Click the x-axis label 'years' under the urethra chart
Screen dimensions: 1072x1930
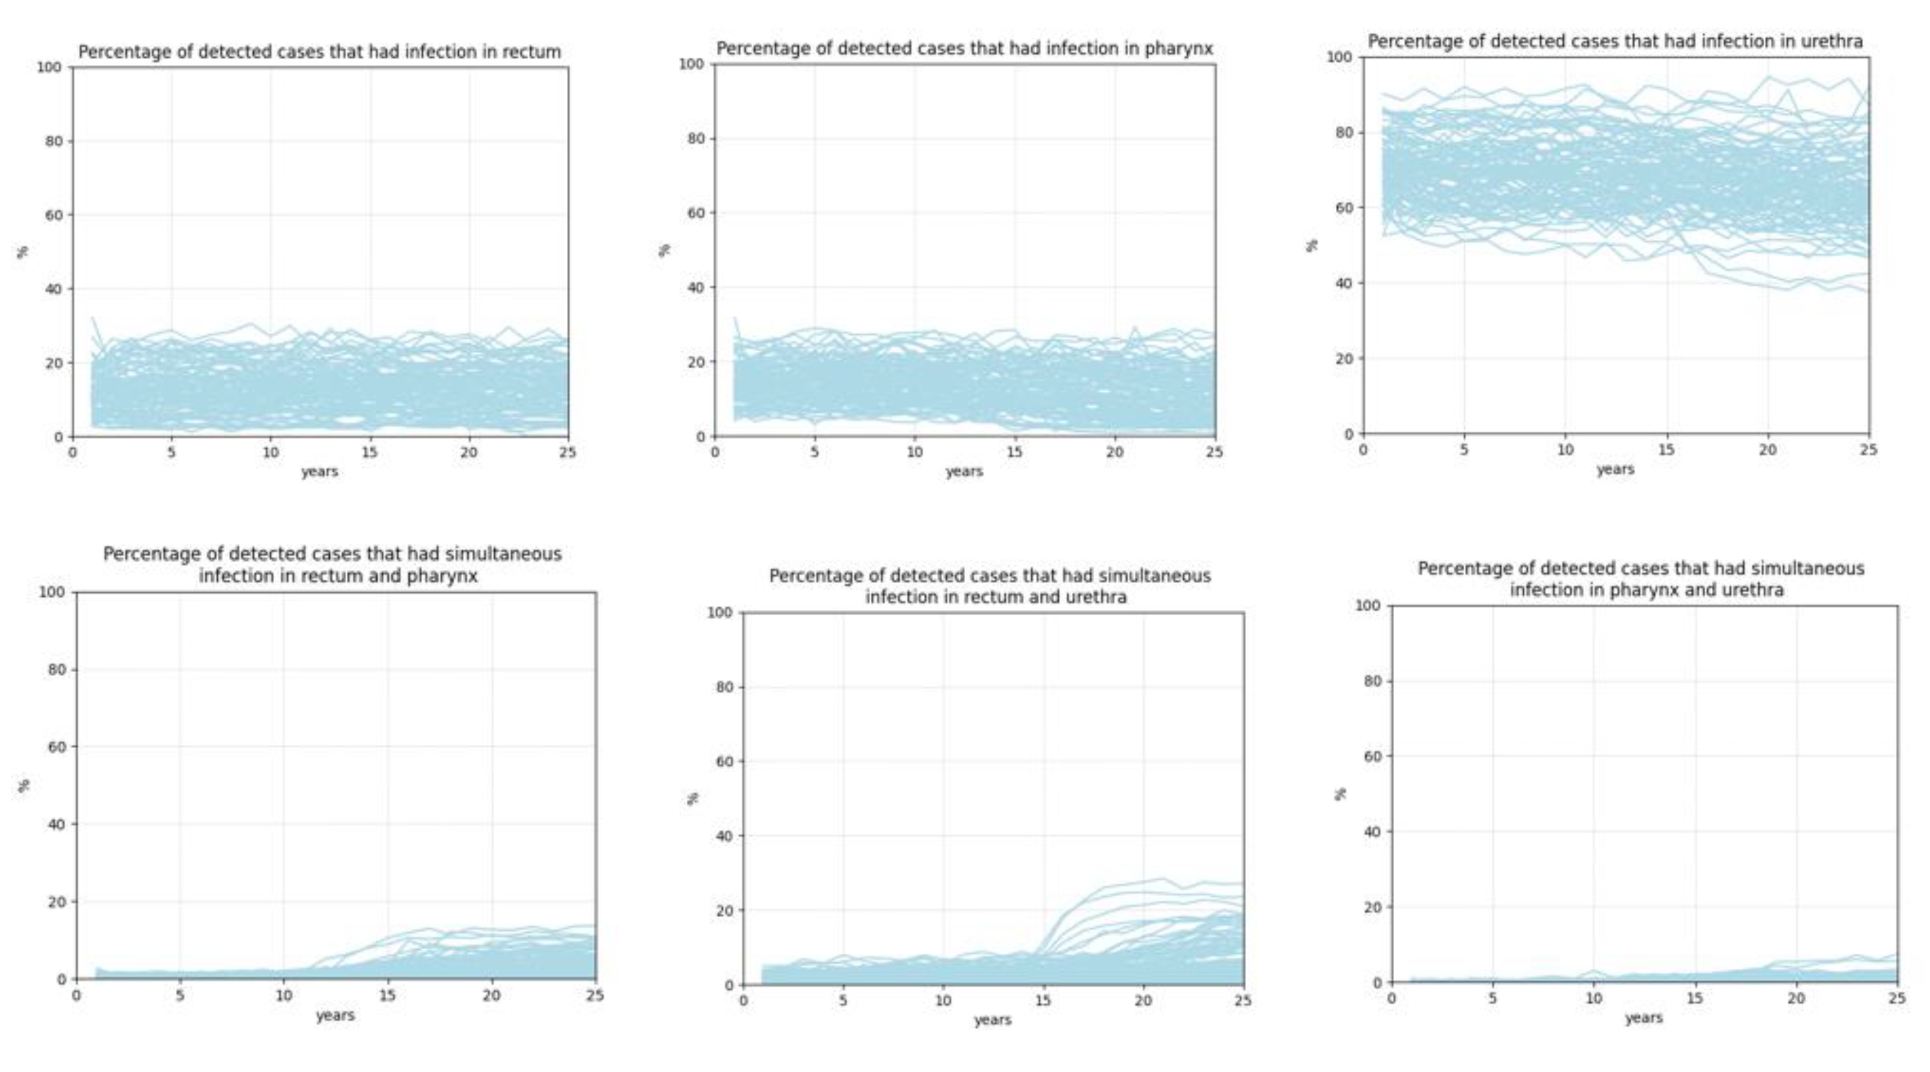1615,469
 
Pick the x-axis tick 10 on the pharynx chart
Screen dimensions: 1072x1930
914,452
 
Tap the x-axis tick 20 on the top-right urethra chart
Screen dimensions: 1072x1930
1767,449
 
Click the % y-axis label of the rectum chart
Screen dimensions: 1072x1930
23,252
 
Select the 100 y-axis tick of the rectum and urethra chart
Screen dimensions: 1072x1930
719,613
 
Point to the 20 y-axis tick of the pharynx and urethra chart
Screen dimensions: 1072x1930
1371,906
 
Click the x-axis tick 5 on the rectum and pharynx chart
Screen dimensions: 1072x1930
180,995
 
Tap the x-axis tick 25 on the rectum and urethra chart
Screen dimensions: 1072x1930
1243,1001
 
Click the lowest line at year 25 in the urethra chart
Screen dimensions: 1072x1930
1867,291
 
